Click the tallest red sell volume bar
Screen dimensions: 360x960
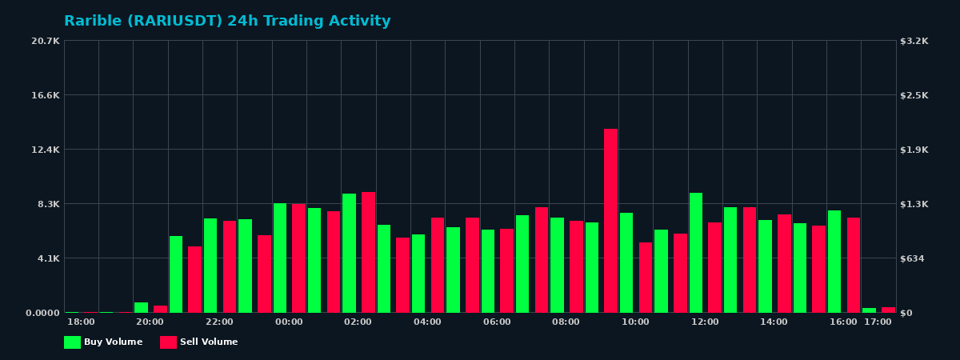click(x=610, y=220)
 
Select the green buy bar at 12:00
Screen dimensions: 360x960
click(x=696, y=252)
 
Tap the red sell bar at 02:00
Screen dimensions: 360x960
click(x=368, y=252)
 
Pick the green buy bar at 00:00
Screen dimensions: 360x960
click(x=280, y=258)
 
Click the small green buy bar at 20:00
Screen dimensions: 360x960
click(x=141, y=307)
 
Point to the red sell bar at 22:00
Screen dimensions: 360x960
click(x=230, y=266)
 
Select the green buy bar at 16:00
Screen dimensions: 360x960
click(x=834, y=261)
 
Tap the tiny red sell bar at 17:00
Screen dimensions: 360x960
click(x=888, y=310)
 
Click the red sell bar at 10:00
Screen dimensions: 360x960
click(x=646, y=277)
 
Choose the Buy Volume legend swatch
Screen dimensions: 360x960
click(x=72, y=342)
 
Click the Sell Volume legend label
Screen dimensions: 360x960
click(x=209, y=342)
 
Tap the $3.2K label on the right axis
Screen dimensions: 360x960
click(x=914, y=41)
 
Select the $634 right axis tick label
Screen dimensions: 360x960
click(x=913, y=258)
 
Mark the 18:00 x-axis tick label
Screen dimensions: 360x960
click(x=81, y=322)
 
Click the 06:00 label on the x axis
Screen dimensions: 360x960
click(x=497, y=322)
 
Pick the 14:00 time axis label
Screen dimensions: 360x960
click(x=774, y=322)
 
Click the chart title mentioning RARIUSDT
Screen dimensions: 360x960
click(x=227, y=22)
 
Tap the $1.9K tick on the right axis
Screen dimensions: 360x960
click(x=914, y=150)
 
